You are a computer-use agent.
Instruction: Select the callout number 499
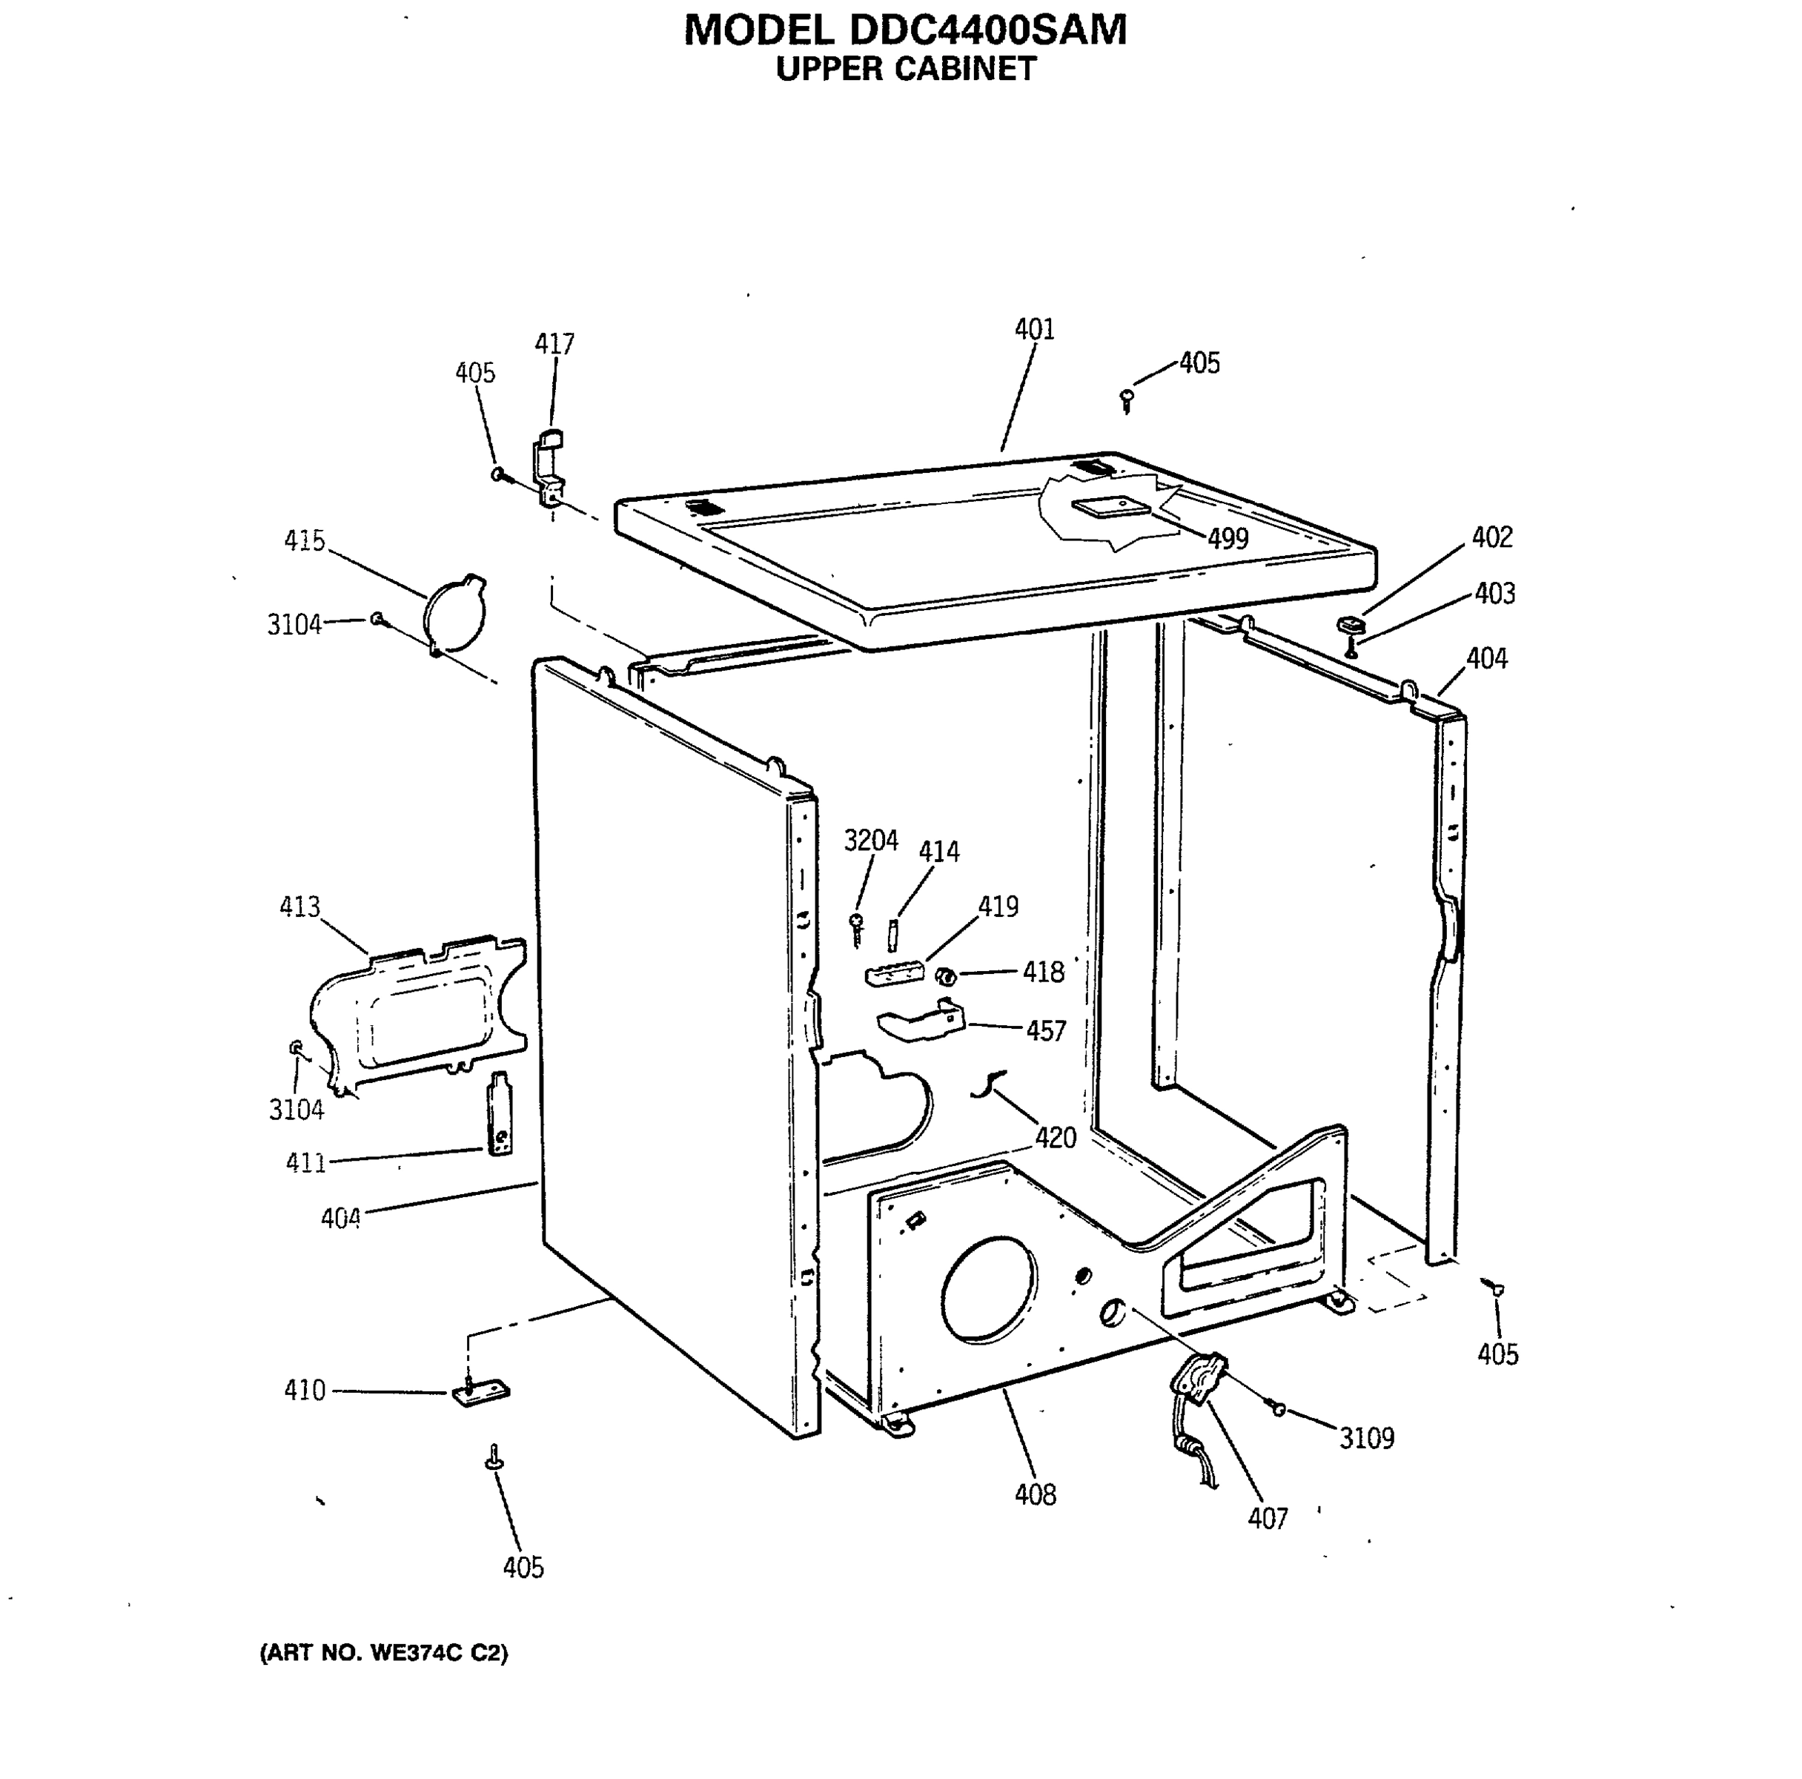click(1228, 539)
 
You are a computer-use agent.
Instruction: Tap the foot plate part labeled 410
click(481, 1394)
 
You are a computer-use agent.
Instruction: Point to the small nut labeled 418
click(946, 975)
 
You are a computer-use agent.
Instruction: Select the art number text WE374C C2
click(438, 1653)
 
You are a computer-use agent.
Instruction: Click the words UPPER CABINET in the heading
click(906, 70)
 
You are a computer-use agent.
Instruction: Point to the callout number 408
click(1036, 1495)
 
